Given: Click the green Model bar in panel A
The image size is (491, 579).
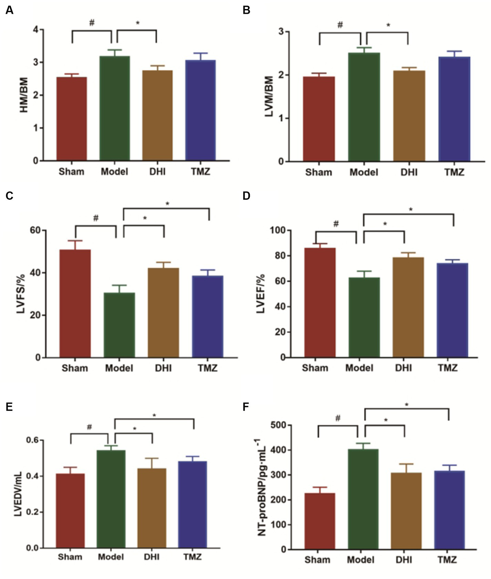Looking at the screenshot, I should tap(115, 108).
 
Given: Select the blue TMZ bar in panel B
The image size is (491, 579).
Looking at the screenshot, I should tap(454, 109).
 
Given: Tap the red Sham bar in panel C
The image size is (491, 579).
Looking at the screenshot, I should tap(75, 303).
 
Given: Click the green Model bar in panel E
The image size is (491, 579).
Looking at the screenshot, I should tap(111, 499).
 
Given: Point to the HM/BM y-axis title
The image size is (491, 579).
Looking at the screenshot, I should tap(24, 95).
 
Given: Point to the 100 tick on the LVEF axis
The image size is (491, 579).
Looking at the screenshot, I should tap(278, 230).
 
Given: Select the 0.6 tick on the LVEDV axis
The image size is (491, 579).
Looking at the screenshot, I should tap(33, 440).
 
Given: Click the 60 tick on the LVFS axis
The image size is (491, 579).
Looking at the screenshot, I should tap(35, 230).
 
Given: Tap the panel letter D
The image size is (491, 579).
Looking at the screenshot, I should tap(246, 196).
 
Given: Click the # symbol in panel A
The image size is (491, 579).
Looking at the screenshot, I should tap(92, 23).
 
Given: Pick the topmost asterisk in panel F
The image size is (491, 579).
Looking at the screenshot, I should tap(407, 405).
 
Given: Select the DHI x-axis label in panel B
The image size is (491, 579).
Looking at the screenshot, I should tap(409, 172).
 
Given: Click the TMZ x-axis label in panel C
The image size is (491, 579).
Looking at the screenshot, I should tap(207, 368).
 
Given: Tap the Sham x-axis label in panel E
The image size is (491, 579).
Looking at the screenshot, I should tap(70, 557).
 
